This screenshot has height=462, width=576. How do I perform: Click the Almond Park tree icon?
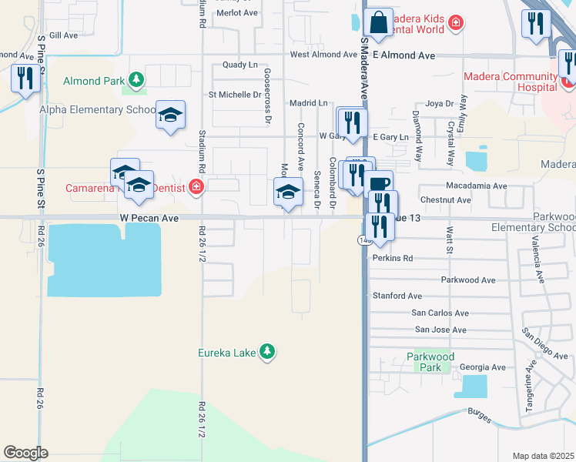(136, 79)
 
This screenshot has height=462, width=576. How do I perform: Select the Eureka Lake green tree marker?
(267, 352)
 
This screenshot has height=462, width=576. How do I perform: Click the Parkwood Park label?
(431, 362)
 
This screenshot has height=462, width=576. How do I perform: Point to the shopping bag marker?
(378, 24)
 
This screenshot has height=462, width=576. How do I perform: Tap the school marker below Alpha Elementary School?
(170, 116)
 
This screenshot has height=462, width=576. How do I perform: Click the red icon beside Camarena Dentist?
(196, 187)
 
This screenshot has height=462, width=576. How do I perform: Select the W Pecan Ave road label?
(149, 219)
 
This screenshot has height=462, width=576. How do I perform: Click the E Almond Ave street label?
(404, 55)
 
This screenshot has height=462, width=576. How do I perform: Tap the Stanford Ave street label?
(397, 295)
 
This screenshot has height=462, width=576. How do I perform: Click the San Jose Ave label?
(440, 330)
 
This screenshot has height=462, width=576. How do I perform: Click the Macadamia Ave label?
(476, 186)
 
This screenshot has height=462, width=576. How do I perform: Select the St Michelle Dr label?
(236, 95)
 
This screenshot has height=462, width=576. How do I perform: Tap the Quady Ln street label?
(239, 65)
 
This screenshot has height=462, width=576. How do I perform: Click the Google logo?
(25, 453)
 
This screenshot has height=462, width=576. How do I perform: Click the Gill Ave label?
(63, 35)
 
